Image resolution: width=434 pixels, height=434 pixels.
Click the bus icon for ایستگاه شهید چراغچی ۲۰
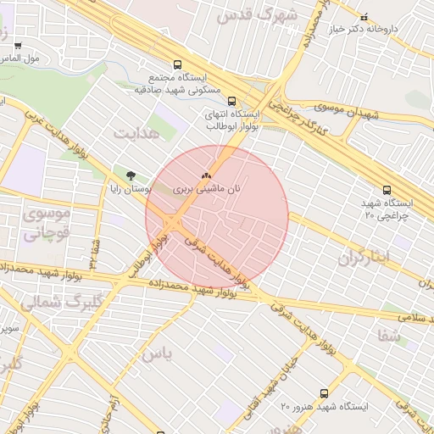click(387, 191)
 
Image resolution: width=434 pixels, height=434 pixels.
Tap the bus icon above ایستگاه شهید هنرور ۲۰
click(324, 393)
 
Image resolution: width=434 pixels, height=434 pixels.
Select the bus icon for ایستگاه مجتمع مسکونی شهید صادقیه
click(177, 64)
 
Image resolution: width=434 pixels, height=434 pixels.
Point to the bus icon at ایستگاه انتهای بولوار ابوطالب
click(232, 101)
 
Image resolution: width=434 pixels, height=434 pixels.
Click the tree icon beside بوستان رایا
click(130, 175)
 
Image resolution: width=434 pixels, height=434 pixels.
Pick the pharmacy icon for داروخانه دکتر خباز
click(364, 17)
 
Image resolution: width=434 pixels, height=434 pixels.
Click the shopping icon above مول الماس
click(18, 46)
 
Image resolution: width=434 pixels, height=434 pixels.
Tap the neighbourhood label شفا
click(390, 335)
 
